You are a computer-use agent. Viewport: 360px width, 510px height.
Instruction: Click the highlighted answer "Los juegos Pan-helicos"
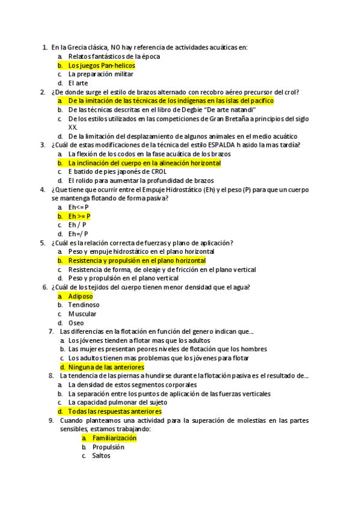click(101, 66)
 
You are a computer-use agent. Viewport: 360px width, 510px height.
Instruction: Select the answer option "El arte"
click(78, 83)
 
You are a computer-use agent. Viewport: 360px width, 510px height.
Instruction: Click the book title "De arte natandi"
click(228, 110)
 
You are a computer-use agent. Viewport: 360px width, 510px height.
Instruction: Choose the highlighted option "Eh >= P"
click(79, 216)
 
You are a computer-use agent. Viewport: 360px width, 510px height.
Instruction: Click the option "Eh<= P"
click(78, 207)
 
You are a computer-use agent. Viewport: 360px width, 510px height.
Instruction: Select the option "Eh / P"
click(77, 225)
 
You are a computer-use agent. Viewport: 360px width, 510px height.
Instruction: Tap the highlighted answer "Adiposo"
click(80, 296)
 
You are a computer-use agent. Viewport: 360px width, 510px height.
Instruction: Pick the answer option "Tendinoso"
click(84, 305)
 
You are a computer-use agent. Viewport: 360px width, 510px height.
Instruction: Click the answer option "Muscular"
click(82, 314)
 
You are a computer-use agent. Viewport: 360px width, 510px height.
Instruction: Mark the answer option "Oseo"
click(76, 323)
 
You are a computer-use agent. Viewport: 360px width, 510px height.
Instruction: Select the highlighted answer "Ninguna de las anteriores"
click(106, 367)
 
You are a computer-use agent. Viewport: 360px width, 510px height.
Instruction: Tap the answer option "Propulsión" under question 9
click(108, 447)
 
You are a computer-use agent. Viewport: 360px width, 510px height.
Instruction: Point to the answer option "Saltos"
click(101, 456)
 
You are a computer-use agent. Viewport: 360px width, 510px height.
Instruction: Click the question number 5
click(43, 243)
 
